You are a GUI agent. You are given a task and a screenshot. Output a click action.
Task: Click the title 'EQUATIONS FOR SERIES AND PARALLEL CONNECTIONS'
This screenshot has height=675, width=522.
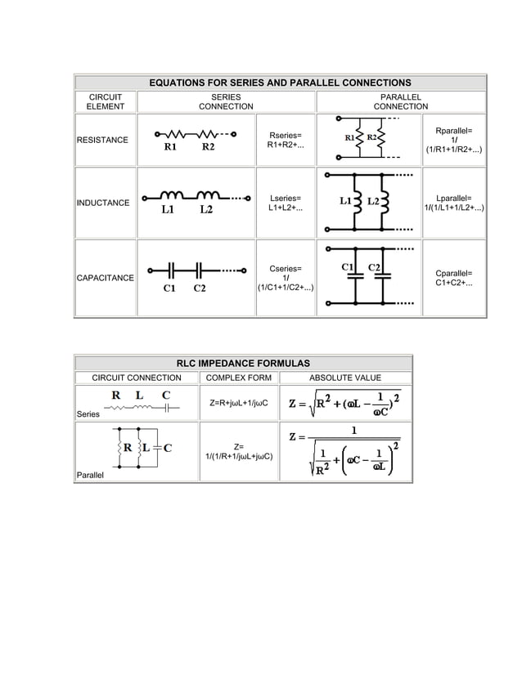tap(279, 83)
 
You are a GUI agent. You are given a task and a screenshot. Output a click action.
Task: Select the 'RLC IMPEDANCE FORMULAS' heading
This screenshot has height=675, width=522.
tap(244, 363)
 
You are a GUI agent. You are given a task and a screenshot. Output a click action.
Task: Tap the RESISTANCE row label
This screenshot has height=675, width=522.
tap(102, 141)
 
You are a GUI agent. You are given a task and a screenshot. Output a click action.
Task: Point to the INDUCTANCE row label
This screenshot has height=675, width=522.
tap(103, 203)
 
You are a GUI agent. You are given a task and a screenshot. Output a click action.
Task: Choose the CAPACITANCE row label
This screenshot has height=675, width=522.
tap(106, 279)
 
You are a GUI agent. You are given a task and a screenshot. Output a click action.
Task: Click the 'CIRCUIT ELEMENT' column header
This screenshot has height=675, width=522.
tap(106, 101)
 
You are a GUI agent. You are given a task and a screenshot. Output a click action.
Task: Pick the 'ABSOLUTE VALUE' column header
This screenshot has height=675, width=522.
tap(344, 378)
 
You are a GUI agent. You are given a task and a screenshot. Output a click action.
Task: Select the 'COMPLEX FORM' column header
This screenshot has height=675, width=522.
tap(238, 378)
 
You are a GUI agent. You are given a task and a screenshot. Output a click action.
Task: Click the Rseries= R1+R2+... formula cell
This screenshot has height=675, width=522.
tap(285, 140)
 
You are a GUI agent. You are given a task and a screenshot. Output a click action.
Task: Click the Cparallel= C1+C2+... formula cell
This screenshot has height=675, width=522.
tap(453, 278)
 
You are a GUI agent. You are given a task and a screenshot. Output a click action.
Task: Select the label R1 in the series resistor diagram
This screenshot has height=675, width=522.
tap(170, 148)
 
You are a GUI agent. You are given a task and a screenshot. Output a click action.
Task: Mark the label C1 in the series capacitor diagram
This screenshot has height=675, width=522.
tap(169, 288)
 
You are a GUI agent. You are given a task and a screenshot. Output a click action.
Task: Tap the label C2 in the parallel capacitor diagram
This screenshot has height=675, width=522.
tap(376, 266)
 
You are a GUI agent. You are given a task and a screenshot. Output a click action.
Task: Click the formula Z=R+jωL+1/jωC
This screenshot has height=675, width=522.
tap(239, 404)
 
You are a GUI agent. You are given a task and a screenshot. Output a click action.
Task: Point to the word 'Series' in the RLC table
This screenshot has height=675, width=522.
tap(88, 414)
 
